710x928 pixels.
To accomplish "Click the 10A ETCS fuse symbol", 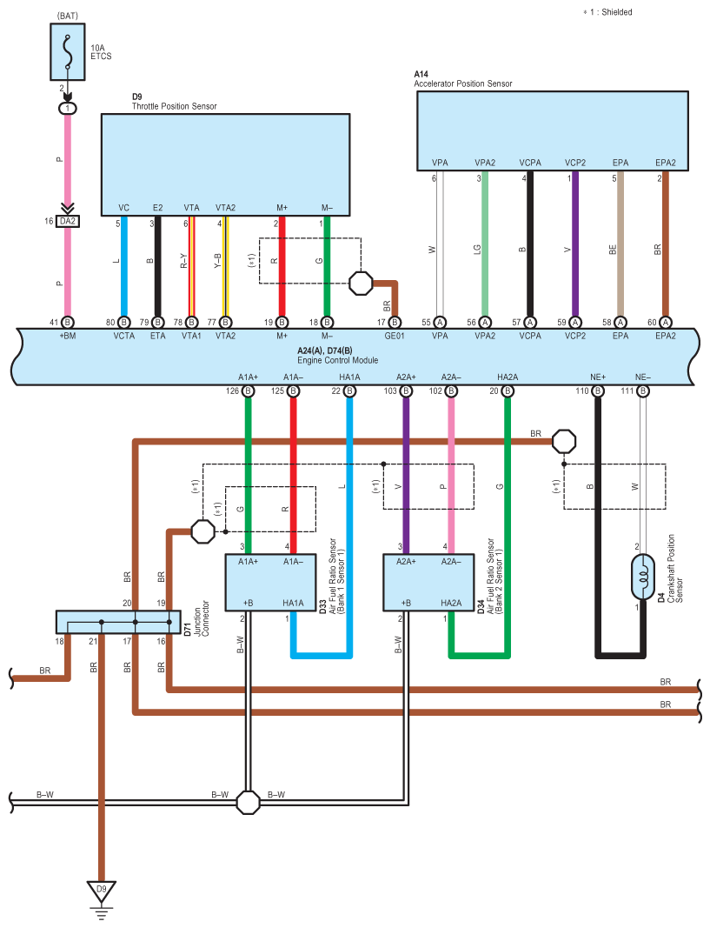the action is point(68,51).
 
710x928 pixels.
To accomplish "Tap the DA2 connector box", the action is point(68,222).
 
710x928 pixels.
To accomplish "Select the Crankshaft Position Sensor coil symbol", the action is point(642,577).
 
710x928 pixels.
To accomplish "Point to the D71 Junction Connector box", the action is point(118,622).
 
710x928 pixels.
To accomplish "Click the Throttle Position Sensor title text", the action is point(175,106).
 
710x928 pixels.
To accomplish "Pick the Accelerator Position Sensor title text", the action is point(463,83).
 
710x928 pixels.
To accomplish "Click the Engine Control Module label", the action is point(337,360).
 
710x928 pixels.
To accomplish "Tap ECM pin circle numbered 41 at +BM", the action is point(68,323).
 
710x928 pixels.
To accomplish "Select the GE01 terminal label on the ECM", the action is point(395,336).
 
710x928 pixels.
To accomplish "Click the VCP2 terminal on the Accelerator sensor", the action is point(574,163).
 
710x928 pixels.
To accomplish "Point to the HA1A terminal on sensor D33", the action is point(293,603).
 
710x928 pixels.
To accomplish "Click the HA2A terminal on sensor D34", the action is point(451,603).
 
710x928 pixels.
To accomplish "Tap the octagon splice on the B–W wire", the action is point(248,803).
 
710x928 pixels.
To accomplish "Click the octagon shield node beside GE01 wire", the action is point(361,283).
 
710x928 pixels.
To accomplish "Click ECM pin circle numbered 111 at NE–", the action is point(642,391).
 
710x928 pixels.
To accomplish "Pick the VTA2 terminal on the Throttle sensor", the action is point(225,208).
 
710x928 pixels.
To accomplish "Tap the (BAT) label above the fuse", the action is point(68,16).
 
